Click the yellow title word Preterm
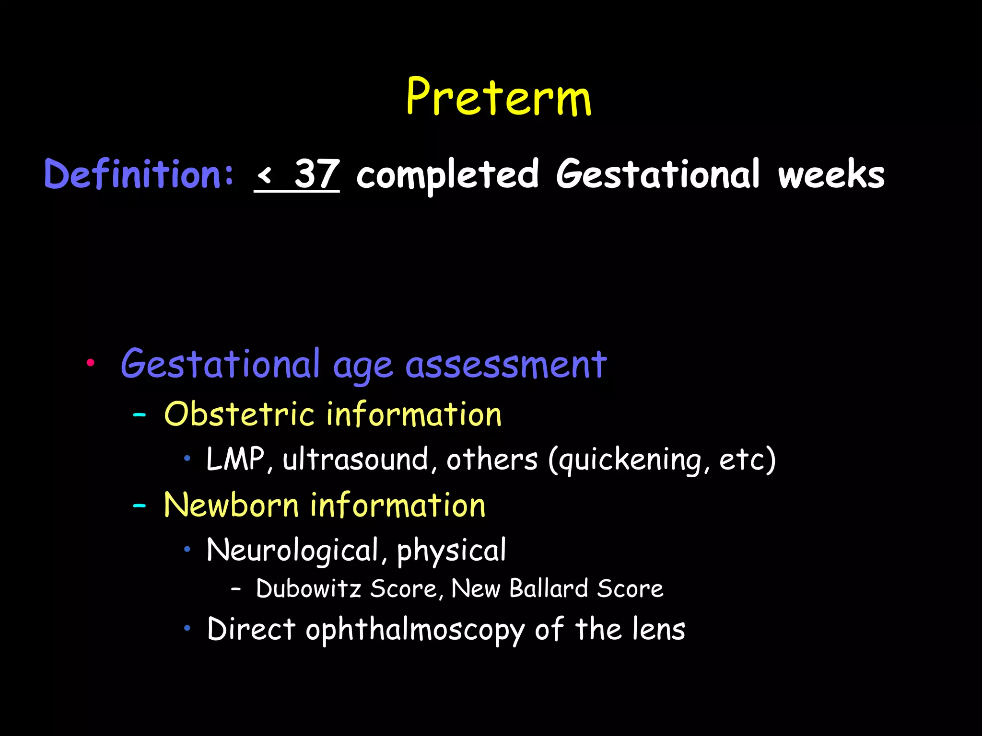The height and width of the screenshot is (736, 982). [499, 98]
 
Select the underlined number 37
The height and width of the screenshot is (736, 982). [317, 174]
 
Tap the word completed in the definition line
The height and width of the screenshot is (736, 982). [448, 175]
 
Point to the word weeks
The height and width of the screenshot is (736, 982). [831, 175]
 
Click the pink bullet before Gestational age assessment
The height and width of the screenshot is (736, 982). [90, 363]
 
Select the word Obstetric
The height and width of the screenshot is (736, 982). [239, 414]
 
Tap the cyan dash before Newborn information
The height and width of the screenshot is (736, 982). [140, 506]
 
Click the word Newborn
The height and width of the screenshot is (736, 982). [231, 506]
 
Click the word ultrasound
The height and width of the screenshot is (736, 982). [355, 459]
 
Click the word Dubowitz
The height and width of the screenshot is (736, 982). [308, 588]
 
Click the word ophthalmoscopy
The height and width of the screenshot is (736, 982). [415, 630]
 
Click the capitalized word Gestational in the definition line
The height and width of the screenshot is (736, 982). [658, 175]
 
